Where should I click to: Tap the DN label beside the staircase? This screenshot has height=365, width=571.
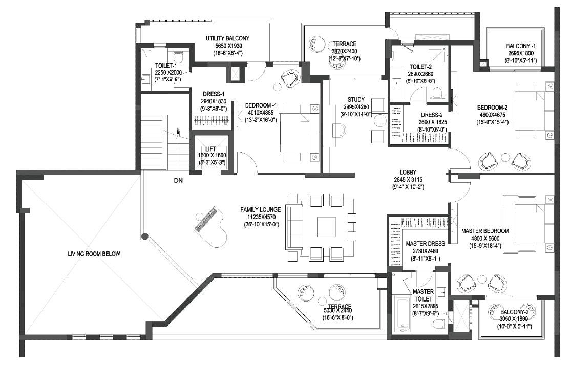point(178,180)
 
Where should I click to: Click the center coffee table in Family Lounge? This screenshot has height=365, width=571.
point(326,227)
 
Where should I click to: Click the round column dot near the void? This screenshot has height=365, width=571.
point(145,236)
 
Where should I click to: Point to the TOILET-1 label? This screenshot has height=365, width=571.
point(165,66)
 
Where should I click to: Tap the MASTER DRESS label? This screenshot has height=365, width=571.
point(425,244)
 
